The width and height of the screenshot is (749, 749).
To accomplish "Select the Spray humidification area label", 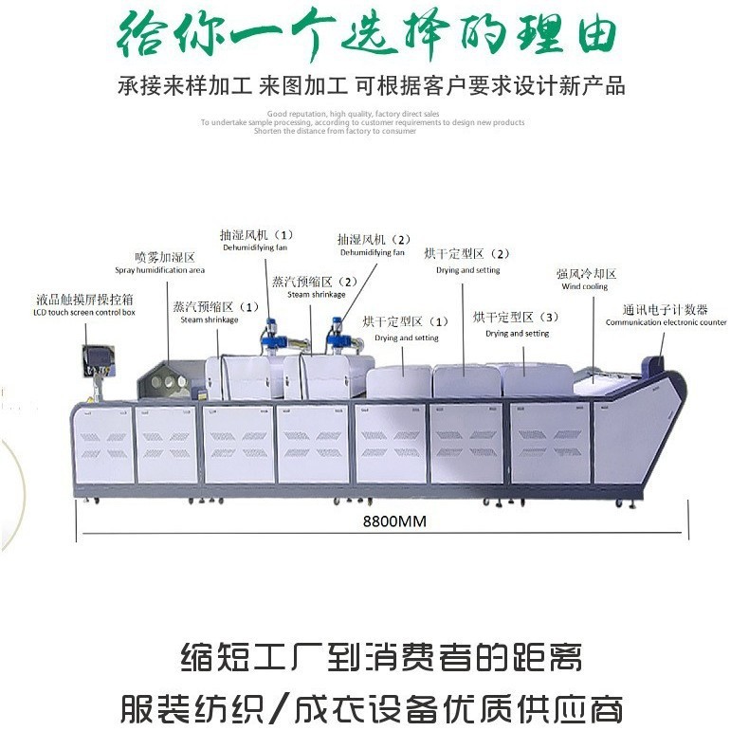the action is (x=160, y=263).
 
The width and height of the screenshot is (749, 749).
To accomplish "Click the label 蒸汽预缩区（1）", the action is (x=215, y=312).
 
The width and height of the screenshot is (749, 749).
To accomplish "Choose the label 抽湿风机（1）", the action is (x=256, y=240).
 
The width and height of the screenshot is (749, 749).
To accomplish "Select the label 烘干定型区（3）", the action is (x=517, y=323).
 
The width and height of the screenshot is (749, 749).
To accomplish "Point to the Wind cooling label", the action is (x=586, y=280).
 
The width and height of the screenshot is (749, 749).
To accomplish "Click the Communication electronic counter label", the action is (x=666, y=316).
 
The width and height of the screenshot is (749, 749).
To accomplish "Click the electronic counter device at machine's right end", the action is (x=653, y=363).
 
